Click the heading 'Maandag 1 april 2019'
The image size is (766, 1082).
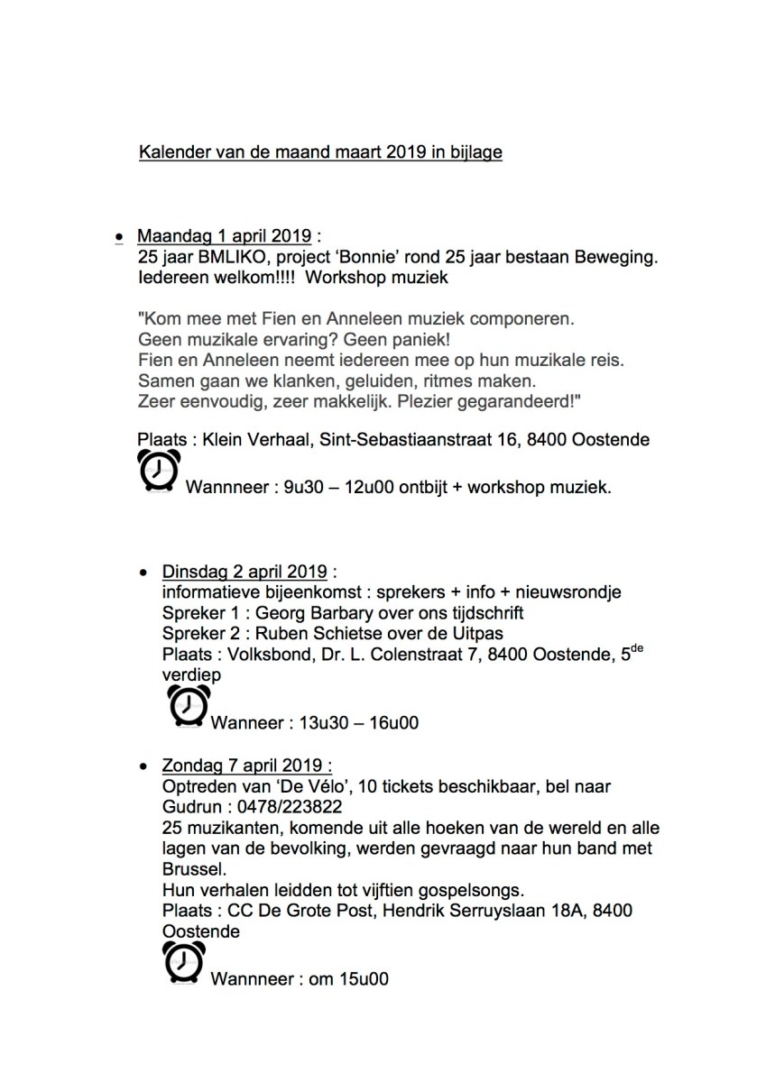click(x=224, y=237)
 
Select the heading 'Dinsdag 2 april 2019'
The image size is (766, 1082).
click(x=245, y=572)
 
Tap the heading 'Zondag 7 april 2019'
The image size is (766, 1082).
click(x=245, y=766)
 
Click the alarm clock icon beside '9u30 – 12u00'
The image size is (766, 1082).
click(x=158, y=470)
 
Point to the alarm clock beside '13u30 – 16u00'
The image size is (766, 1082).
click(x=189, y=705)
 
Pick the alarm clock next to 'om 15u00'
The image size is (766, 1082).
click(x=183, y=962)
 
